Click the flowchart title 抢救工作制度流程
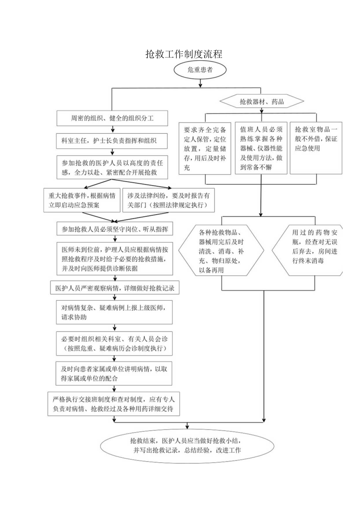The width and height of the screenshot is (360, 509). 184,54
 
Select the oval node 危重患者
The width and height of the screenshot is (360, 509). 200,70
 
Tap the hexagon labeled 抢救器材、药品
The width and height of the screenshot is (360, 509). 261,103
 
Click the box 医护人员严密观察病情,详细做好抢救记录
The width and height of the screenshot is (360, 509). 115,289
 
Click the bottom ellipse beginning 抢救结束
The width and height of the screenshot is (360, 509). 187,445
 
